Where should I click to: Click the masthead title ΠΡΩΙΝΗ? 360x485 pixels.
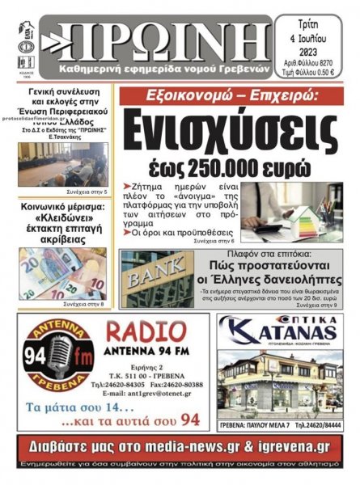(158, 36)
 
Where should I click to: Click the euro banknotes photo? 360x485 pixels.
(62, 272)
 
